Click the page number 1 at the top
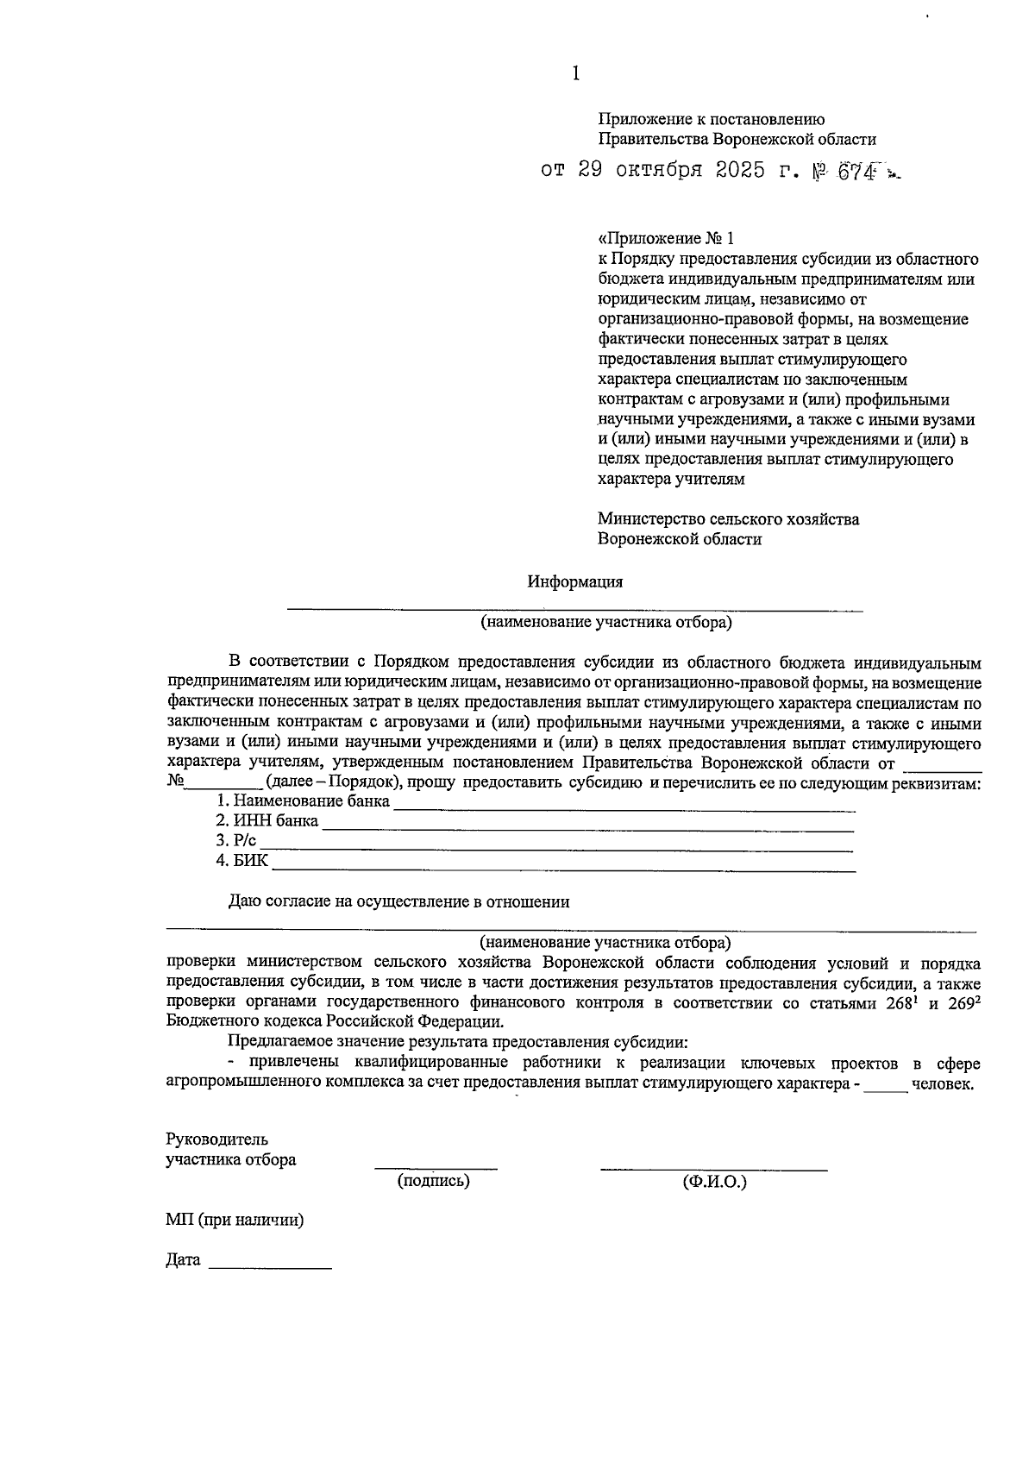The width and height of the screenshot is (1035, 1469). pyautogui.click(x=575, y=75)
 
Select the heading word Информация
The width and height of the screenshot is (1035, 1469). pyautogui.click(x=575, y=582)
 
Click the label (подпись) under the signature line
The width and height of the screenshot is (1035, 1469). pyautogui.click(x=434, y=1181)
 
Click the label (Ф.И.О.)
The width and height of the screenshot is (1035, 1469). pyautogui.click(x=714, y=1182)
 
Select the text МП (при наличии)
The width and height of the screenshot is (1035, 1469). pyautogui.click(x=235, y=1221)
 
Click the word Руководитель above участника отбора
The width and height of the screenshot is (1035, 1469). pyautogui.click(x=216, y=1139)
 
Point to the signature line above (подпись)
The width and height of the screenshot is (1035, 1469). pyautogui.click(x=436, y=1168)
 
